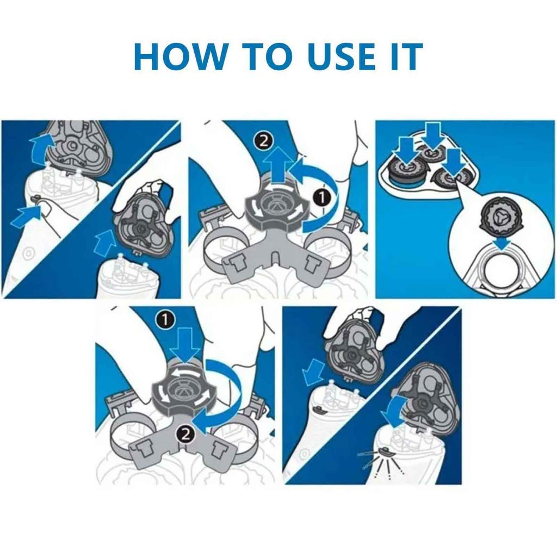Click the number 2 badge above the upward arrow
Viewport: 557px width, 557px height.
(263, 142)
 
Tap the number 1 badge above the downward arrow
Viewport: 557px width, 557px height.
(164, 320)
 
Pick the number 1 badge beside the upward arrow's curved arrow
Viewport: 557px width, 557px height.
(322, 198)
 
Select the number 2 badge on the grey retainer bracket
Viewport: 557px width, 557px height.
(185, 434)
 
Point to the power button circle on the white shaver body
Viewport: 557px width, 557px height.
(28, 253)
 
